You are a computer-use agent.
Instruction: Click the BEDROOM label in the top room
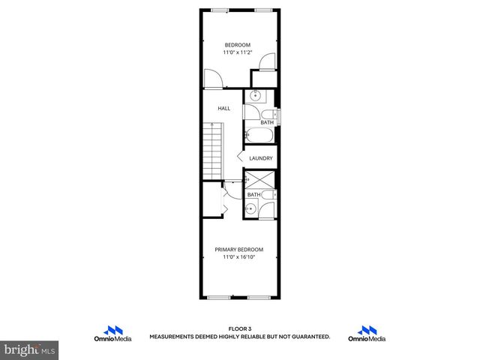coord(238,45)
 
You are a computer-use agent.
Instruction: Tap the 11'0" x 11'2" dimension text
coord(238,53)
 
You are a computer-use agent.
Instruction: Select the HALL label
coord(224,109)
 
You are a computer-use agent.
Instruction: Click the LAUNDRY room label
coord(260,158)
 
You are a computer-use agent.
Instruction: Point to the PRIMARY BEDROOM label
coord(239,249)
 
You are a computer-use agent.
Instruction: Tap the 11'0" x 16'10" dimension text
coord(239,257)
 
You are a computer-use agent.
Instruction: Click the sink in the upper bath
coord(256,96)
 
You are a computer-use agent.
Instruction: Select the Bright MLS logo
coord(30,349)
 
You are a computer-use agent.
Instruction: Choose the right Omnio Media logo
coord(367,334)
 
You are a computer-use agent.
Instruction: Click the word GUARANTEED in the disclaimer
coord(308,337)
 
